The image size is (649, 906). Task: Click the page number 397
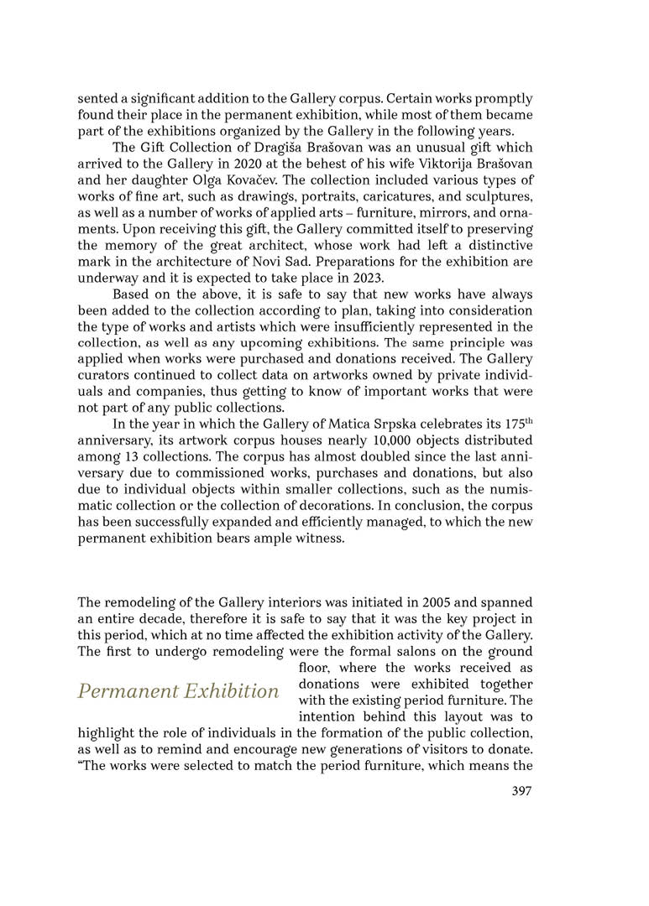click(521, 790)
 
